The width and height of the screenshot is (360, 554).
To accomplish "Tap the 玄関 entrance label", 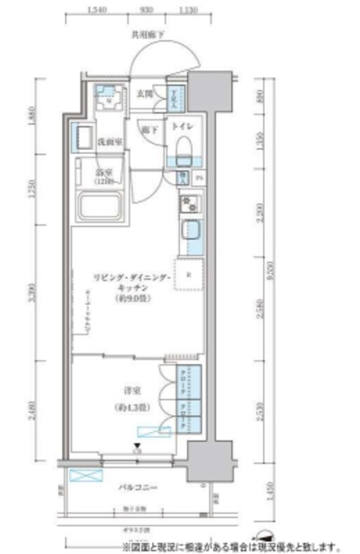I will [145, 93].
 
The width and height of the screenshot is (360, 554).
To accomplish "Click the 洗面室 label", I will [107, 140].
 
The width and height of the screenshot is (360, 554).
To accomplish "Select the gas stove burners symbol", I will [190, 204].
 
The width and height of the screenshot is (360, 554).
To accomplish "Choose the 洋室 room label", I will [132, 389].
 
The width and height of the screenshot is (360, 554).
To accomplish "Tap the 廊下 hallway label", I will [149, 130].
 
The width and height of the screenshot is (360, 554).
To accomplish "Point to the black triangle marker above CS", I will [137, 445].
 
